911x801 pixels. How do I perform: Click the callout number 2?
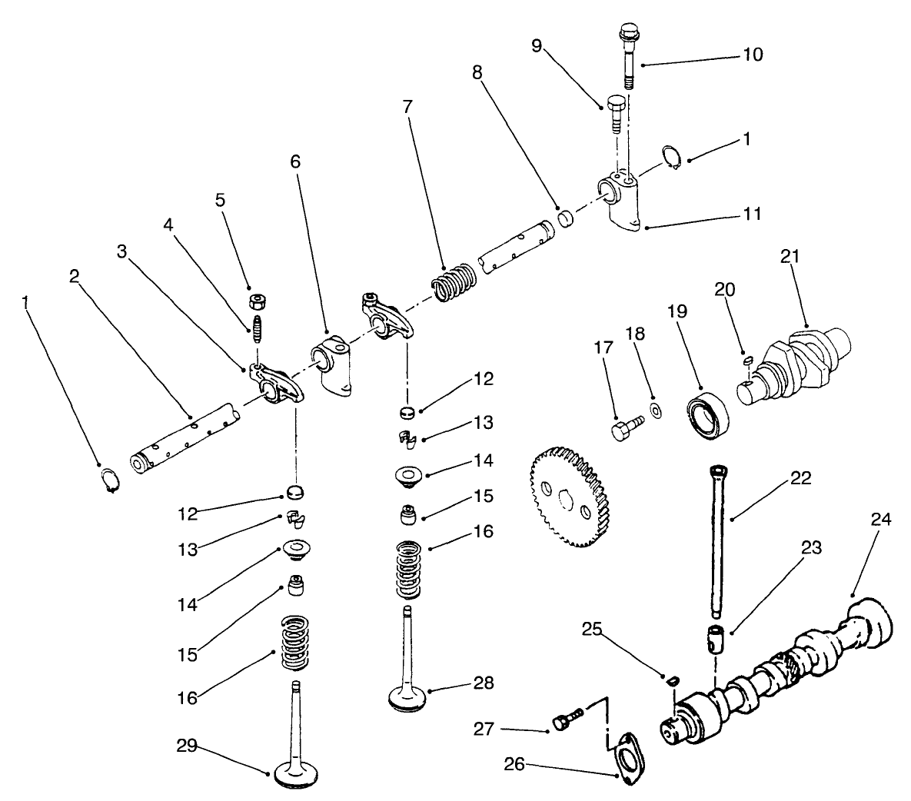click(75, 277)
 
